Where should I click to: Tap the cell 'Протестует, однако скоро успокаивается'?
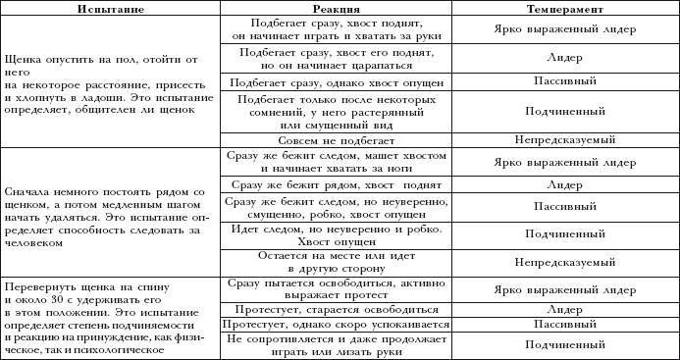336,323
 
